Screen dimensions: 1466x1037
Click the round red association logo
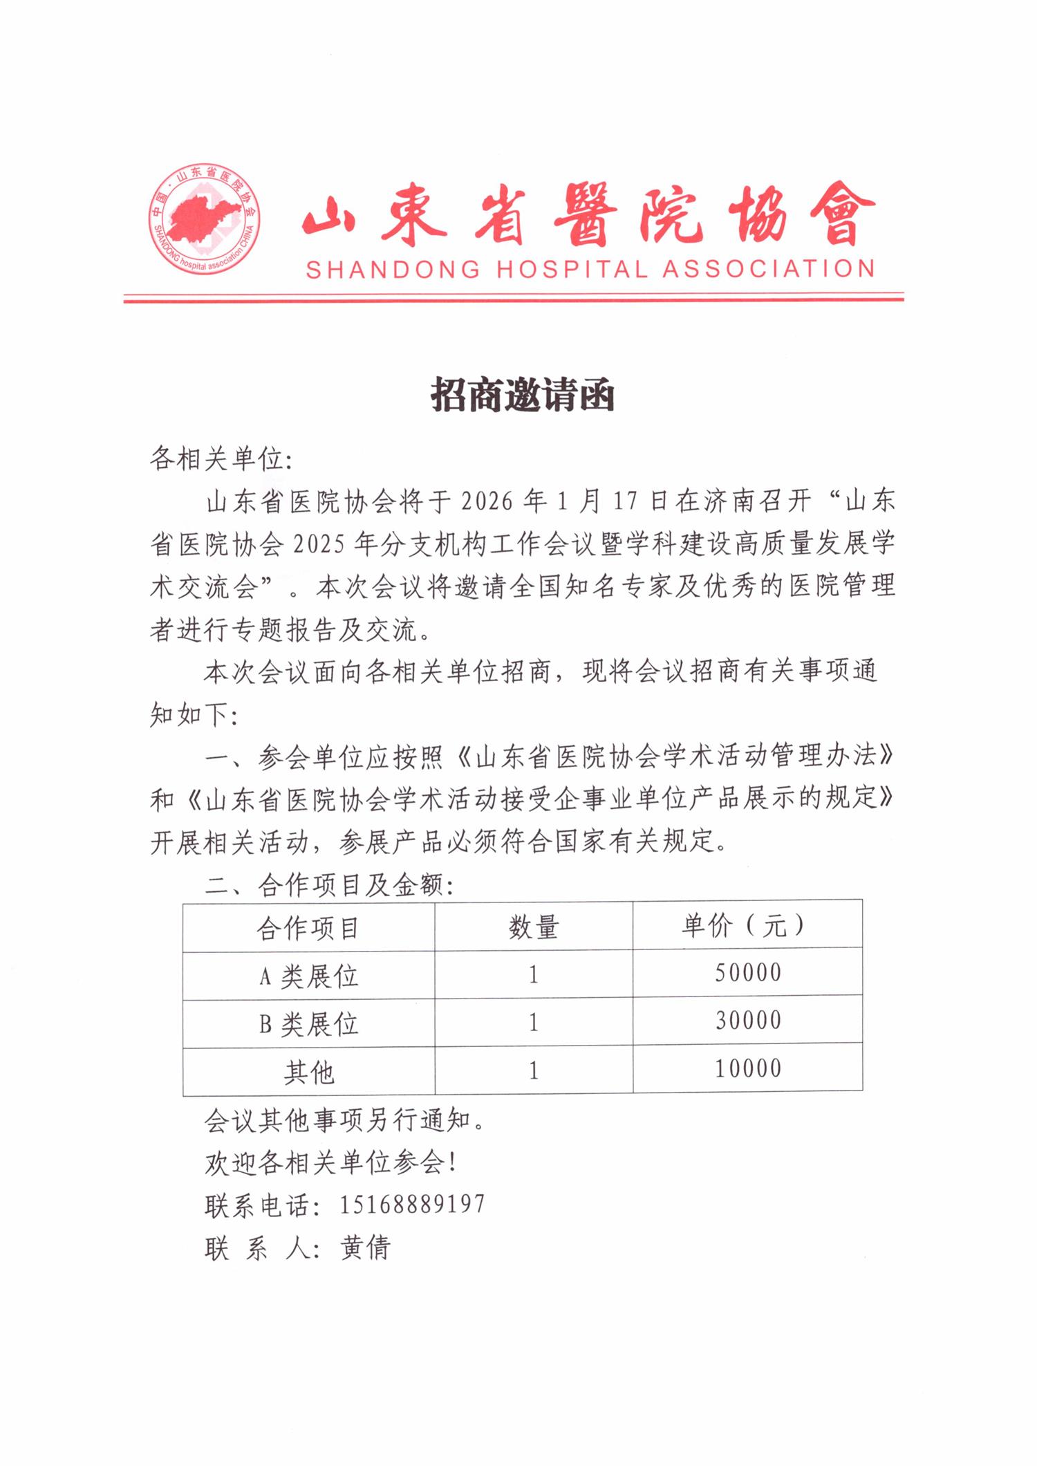pyautogui.click(x=205, y=219)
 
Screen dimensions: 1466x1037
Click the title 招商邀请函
pyautogui.click(x=523, y=396)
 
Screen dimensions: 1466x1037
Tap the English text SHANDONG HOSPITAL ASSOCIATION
pyautogui.click(x=590, y=269)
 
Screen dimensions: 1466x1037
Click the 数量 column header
pyautogui.click(x=534, y=927)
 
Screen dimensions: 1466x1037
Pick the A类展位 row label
pyautogui.click(x=308, y=976)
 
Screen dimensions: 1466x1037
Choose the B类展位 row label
pyautogui.click(x=308, y=1023)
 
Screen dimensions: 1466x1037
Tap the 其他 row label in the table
pyautogui.click(x=309, y=1072)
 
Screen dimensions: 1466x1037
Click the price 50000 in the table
pyautogui.click(x=748, y=973)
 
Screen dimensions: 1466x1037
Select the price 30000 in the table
pyautogui.click(x=748, y=1021)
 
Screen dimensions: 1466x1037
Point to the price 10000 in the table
pyautogui.click(x=748, y=1069)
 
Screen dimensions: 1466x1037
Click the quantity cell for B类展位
pyautogui.click(x=534, y=1023)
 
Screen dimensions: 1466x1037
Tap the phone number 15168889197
pyautogui.click(x=412, y=1204)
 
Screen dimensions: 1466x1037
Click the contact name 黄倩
pyautogui.click(x=366, y=1247)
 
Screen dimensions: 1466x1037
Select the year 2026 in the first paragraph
pyautogui.click(x=487, y=501)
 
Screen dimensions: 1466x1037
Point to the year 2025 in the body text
pyautogui.click(x=319, y=544)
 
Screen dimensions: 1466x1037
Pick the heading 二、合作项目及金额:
pyautogui.click(x=329, y=884)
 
